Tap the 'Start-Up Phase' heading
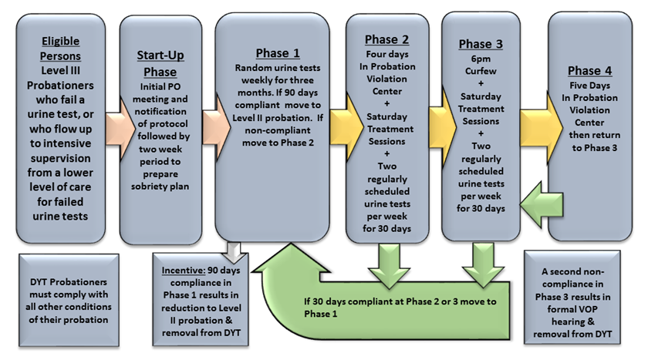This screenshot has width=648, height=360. [160, 63]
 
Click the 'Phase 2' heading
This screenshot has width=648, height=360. [388, 39]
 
